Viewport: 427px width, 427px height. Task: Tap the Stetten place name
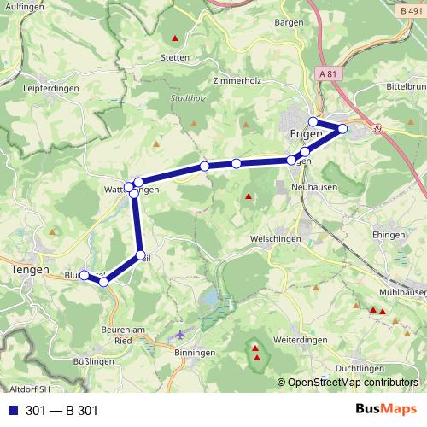click(174, 58)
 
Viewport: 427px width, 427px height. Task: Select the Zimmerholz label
click(236, 81)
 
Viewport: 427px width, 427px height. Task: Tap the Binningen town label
click(194, 352)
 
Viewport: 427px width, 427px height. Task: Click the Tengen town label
click(31, 269)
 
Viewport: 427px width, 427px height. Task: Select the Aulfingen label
click(23, 6)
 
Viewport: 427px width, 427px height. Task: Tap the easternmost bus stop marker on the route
click(342, 129)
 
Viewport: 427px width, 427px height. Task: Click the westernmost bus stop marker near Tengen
click(85, 274)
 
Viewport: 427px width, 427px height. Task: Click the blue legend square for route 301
click(13, 411)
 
